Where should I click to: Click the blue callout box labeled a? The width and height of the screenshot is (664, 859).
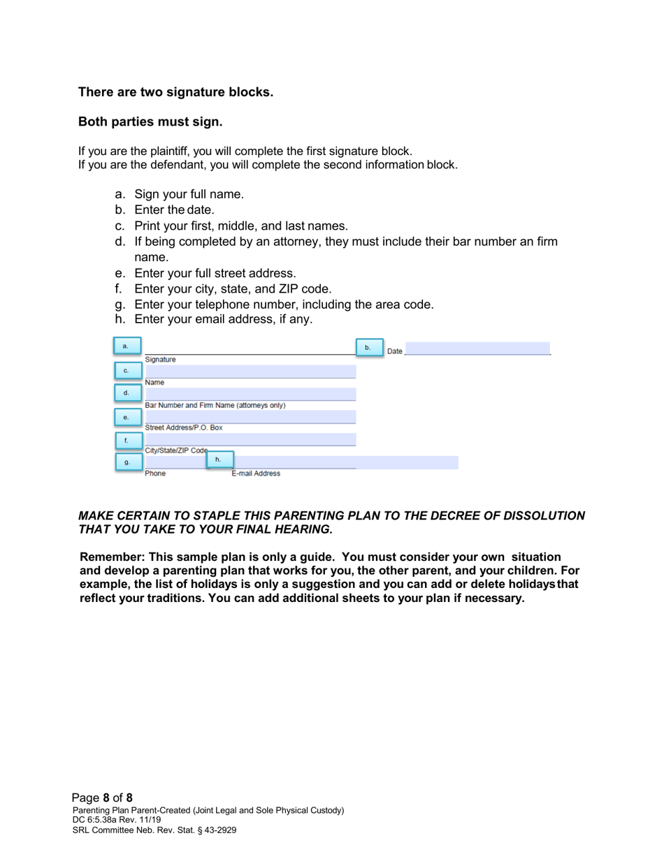126,346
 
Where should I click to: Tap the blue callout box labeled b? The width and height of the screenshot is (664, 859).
368,347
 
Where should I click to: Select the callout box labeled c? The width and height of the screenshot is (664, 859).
126,370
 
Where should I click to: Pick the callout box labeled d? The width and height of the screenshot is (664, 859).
126,393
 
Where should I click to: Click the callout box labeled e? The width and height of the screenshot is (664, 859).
126,418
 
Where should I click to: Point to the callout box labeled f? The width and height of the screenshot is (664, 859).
126,441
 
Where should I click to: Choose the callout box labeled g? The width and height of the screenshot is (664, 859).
126,462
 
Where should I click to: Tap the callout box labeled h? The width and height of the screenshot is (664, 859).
218,459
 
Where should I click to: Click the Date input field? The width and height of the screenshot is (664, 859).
477,348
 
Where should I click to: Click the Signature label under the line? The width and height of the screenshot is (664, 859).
160,360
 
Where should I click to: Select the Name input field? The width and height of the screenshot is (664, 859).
250,371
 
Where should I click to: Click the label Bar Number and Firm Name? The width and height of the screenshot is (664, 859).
215,405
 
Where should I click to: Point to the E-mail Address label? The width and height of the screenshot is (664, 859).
256,473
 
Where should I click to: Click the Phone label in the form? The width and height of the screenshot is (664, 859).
155,473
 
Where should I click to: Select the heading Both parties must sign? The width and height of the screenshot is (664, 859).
150,123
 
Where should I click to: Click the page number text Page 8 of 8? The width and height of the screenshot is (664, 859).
103,797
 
